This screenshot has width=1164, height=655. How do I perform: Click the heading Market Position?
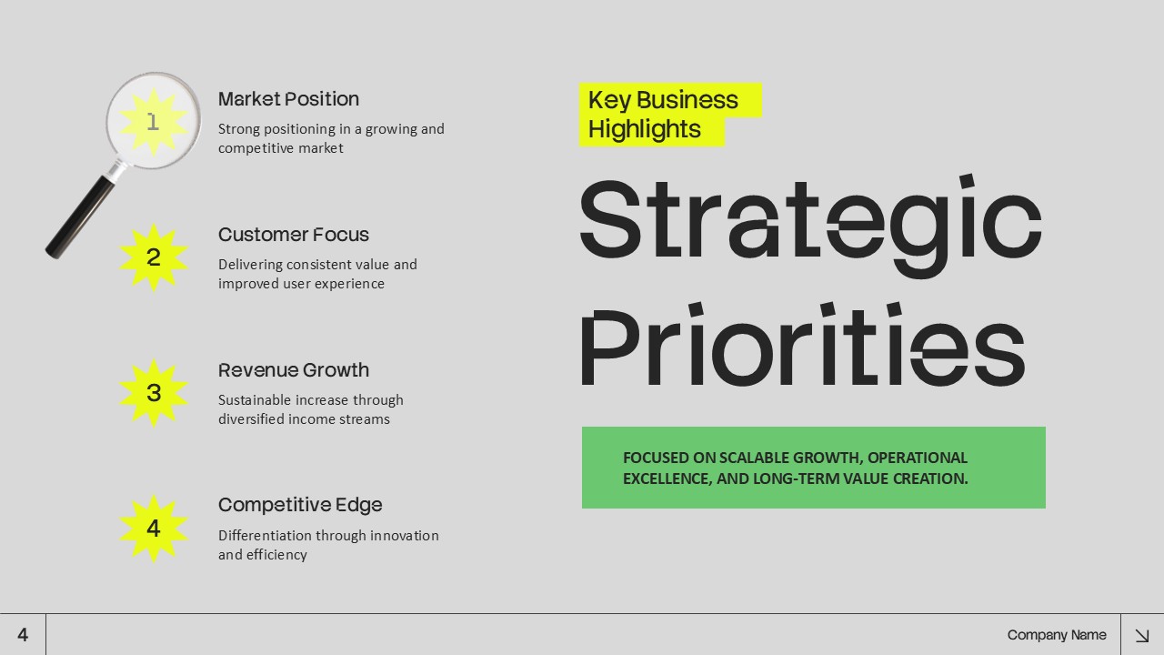point(288,99)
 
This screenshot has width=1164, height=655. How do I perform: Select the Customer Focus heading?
point(293,235)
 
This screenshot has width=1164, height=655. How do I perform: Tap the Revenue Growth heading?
point(293,370)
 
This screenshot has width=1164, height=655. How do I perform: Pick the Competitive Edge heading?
point(300,505)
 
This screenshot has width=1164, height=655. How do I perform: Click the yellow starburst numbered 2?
point(154,257)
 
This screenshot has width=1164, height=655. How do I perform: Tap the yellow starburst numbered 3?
point(154,393)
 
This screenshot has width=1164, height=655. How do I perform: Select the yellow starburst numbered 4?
point(154,529)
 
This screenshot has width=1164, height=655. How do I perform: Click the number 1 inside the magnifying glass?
point(153,121)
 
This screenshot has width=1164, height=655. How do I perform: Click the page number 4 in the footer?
point(23,635)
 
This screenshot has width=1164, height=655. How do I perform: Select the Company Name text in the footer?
point(1057,635)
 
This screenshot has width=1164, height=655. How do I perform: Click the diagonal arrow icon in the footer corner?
point(1142,635)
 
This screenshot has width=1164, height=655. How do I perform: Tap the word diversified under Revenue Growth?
point(251,419)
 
